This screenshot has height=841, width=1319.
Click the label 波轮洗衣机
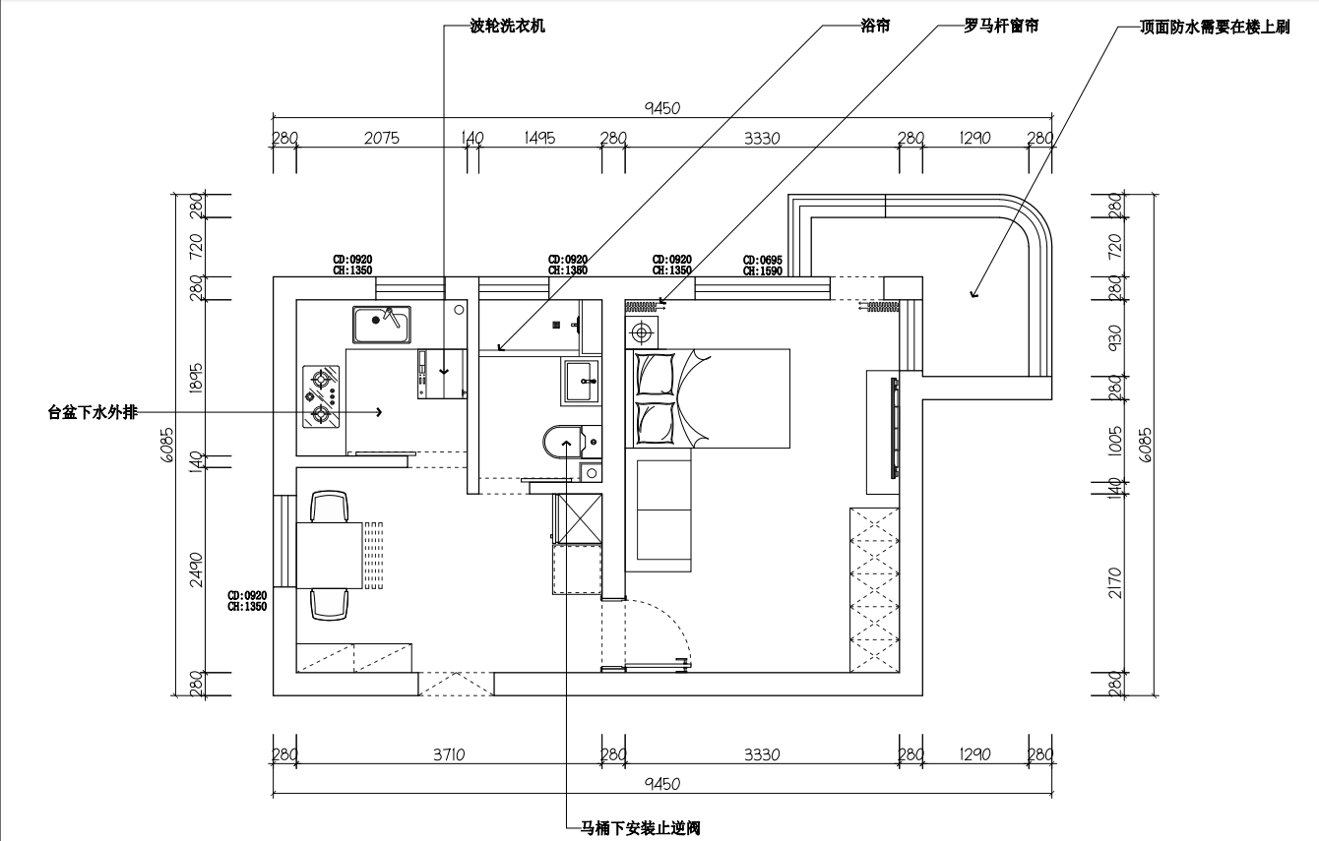[508, 28]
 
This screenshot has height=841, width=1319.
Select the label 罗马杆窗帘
[1001, 27]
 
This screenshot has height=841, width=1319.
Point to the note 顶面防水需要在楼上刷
[1214, 28]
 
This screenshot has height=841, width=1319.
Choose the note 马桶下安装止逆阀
[640, 828]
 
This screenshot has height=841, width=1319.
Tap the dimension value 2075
[381, 139]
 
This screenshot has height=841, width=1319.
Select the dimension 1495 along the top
[539, 139]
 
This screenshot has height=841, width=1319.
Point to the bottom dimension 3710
[449, 754]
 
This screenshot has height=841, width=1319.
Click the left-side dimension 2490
[196, 569]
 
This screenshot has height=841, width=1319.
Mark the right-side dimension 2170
[1115, 582]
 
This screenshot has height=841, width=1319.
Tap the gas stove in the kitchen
[321, 396]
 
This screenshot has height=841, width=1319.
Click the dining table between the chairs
[330, 555]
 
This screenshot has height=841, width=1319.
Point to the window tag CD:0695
[763, 260]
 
